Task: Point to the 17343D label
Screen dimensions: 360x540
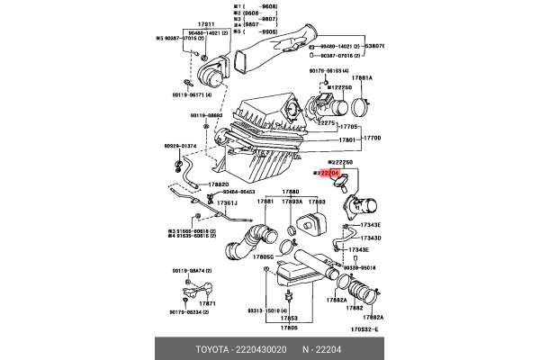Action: [x=371, y=238]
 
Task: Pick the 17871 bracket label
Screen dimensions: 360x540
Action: [x=208, y=303]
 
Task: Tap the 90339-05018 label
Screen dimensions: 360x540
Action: [x=360, y=267]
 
